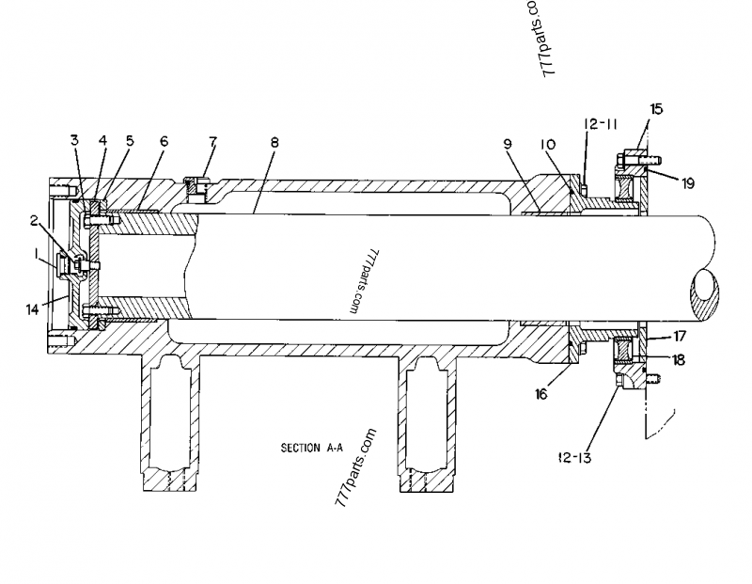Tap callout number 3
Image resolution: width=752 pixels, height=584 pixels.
pyautogui.click(x=74, y=141)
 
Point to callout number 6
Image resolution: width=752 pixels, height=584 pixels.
pyautogui.click(x=164, y=141)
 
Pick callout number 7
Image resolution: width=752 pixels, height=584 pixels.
pyautogui.click(x=213, y=141)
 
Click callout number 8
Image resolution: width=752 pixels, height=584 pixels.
pyautogui.click(x=274, y=142)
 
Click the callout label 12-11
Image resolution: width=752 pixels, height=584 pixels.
pyautogui.click(x=598, y=123)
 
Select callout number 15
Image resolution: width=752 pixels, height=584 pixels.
pyautogui.click(x=656, y=109)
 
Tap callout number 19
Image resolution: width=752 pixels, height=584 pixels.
pyautogui.click(x=688, y=184)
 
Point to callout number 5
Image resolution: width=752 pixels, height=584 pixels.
pyautogui.click(x=130, y=141)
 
